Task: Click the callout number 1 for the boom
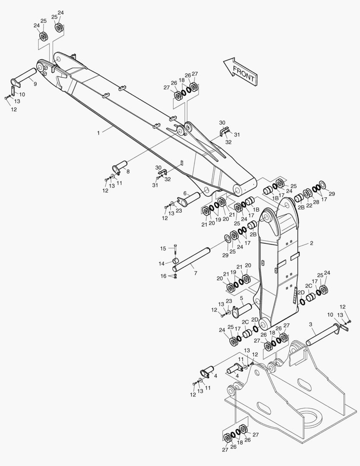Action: coord(99,133)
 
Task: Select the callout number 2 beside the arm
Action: coord(311,243)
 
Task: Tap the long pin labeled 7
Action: coord(191,259)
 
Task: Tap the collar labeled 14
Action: coord(176,261)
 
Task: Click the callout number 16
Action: coord(163,276)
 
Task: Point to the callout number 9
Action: coord(35,84)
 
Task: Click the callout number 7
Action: coord(195,273)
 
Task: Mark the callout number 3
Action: coord(311,324)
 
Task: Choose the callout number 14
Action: coord(162,264)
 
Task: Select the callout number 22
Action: coord(309,205)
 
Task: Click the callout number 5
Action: coord(241,298)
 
